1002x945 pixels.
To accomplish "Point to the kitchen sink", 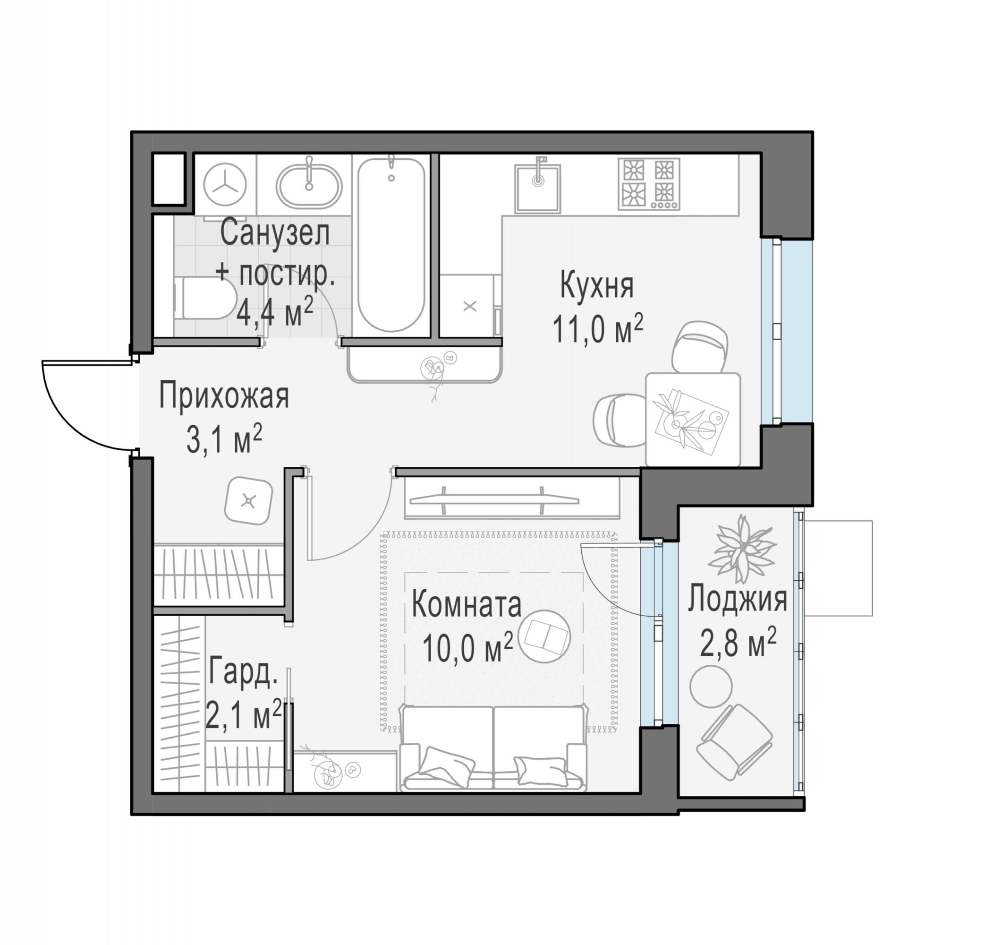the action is (538, 189).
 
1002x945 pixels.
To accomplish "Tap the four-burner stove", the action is (649, 184).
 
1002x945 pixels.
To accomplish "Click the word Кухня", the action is (597, 286).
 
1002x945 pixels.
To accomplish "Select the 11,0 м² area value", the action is (598, 329).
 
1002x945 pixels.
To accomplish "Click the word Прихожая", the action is (224, 396).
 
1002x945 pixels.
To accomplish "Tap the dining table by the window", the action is (693, 419).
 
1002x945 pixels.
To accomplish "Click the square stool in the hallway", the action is (248, 501).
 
